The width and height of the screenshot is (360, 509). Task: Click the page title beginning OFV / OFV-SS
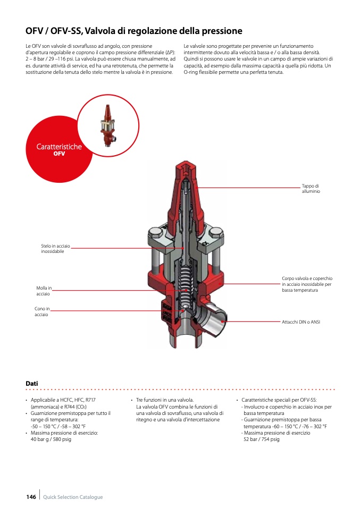coord(133,31)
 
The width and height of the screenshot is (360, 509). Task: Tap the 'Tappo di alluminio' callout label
coord(311,188)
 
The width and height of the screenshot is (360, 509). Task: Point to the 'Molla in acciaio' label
coord(44,291)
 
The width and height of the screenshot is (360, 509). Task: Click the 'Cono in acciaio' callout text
coord(42,311)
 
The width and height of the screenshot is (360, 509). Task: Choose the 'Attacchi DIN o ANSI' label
coord(301,322)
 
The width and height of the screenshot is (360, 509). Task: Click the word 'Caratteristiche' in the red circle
coord(59,147)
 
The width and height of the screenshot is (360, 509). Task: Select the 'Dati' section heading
coord(32,383)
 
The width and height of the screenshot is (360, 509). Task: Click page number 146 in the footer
coord(31,497)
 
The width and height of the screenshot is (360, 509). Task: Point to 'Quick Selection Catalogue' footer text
coord(73,497)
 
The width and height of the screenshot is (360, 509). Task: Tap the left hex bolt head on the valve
coord(155,233)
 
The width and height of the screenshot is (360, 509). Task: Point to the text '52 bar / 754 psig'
coord(261,439)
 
